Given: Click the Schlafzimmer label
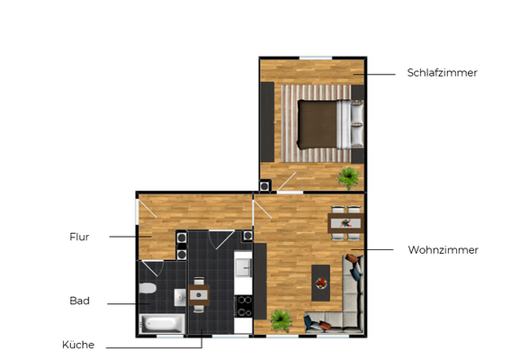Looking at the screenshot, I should tap(442, 73).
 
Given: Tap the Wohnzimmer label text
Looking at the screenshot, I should tap(443, 249).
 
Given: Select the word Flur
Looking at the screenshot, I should tap(79, 237).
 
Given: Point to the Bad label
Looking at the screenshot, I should tap(79, 301).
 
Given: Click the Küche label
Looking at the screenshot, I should tap(78, 345).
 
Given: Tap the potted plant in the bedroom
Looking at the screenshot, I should tap(347, 175).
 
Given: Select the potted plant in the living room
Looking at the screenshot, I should tap(282, 319).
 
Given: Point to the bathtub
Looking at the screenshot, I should tap(163, 323).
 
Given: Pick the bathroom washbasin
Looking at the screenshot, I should tap(179, 298).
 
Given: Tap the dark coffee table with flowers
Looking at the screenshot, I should tap(320, 283).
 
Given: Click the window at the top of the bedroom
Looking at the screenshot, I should tap(316, 58).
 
